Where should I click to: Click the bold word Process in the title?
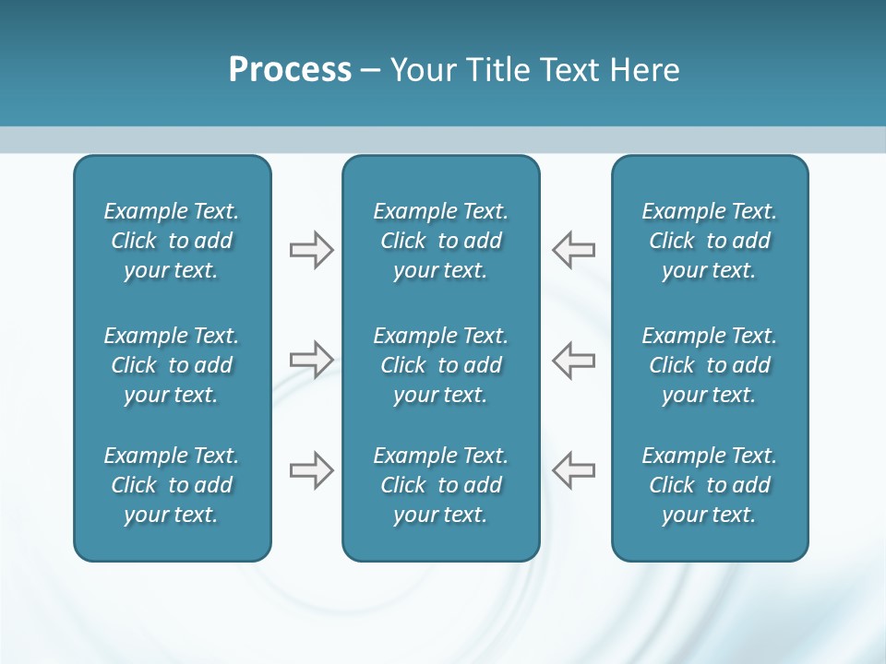point(290,70)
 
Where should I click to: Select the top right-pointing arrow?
point(311,250)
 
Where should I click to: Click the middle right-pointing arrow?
point(311,360)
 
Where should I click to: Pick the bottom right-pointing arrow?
point(311,470)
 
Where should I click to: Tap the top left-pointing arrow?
point(574,250)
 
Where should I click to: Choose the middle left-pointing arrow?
point(574,360)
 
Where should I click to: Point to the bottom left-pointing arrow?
point(574,470)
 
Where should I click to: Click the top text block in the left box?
point(172,241)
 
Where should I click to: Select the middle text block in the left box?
point(172,365)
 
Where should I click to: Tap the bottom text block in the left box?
point(172,485)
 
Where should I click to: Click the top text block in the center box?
point(441,241)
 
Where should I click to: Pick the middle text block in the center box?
point(441,365)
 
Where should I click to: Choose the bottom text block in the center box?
point(441,485)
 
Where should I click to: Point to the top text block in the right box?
point(710,241)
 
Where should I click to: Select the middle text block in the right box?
point(710,365)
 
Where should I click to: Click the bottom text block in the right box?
point(710,485)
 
